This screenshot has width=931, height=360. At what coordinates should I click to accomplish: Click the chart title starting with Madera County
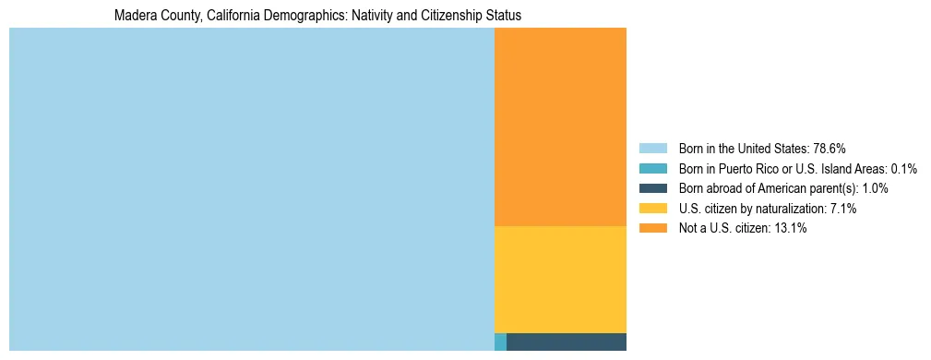coord(317,16)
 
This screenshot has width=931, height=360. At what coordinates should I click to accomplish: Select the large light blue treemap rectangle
coord(251,189)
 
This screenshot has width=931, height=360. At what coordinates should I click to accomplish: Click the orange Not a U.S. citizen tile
coord(560,126)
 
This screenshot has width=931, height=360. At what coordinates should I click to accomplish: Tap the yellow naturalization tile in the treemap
coord(560,279)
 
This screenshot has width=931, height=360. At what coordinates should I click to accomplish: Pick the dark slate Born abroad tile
coord(567,342)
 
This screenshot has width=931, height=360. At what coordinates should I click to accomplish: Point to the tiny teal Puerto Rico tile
coord(500,342)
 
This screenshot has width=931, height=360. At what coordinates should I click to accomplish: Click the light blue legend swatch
coord(652,149)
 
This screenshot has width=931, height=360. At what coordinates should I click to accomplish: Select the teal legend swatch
coord(652,169)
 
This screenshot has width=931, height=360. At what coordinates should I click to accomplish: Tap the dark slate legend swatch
coord(652,188)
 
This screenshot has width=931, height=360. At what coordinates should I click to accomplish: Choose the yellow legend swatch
coord(652,209)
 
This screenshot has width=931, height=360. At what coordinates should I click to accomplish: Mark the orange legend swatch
coord(652,229)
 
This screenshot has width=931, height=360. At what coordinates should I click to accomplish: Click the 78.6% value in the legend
coord(829,149)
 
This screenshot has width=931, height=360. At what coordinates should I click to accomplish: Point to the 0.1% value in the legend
coord(903,169)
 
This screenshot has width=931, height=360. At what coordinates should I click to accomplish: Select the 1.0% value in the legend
coord(873,188)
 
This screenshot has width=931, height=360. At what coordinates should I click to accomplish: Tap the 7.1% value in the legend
coord(841,209)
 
